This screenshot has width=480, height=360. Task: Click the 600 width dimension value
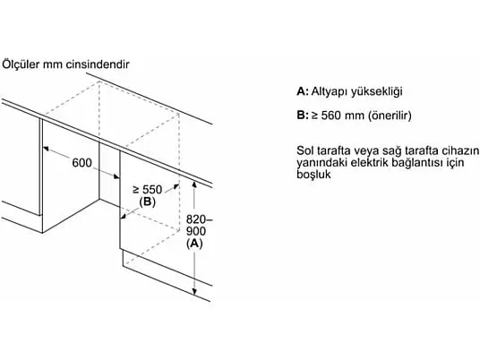(81, 163)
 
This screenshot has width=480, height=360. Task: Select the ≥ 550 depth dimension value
(148, 190)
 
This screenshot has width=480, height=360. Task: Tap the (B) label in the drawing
(147, 201)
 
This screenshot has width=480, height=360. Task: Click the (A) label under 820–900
(194, 243)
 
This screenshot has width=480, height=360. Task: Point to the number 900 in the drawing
(196, 231)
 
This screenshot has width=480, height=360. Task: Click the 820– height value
(200, 219)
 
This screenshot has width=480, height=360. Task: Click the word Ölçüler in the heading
(21, 64)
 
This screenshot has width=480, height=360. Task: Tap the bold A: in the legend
(303, 91)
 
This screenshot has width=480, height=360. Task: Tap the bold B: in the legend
(303, 116)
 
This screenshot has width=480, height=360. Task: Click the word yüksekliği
(376, 91)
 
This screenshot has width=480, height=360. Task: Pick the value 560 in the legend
(331, 116)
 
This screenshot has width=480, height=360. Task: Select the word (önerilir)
(390, 116)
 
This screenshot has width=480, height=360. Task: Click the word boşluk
(313, 175)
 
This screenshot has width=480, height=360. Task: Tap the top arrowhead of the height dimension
(194, 184)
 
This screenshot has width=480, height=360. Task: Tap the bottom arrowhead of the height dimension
(194, 292)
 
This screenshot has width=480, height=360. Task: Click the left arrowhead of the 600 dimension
(46, 149)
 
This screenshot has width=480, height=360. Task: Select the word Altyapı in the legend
(330, 91)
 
